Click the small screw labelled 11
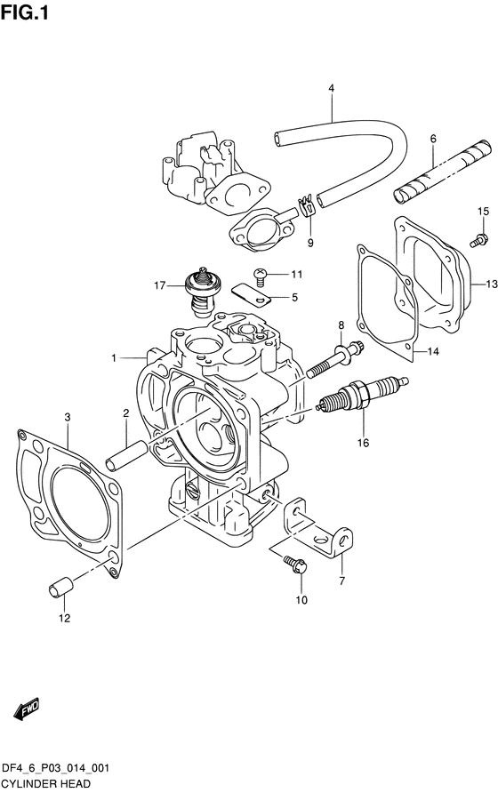(260, 274)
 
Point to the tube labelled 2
(126, 455)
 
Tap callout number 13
(492, 284)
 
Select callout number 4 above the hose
(331, 88)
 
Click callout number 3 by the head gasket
(68, 417)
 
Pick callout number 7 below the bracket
(342, 581)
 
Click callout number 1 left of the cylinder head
(114, 358)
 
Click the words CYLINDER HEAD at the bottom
(45, 784)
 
